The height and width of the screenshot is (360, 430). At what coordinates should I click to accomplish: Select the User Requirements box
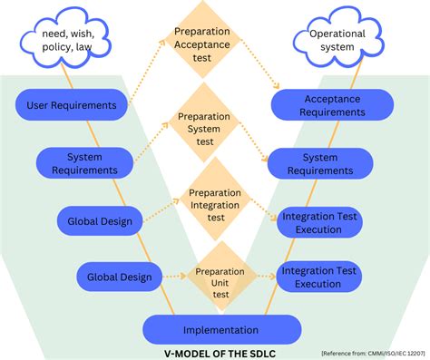coord(83,105)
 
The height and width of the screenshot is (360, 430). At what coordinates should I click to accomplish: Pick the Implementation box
coord(220,330)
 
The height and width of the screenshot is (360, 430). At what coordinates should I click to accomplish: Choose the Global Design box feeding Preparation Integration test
coord(100,220)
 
